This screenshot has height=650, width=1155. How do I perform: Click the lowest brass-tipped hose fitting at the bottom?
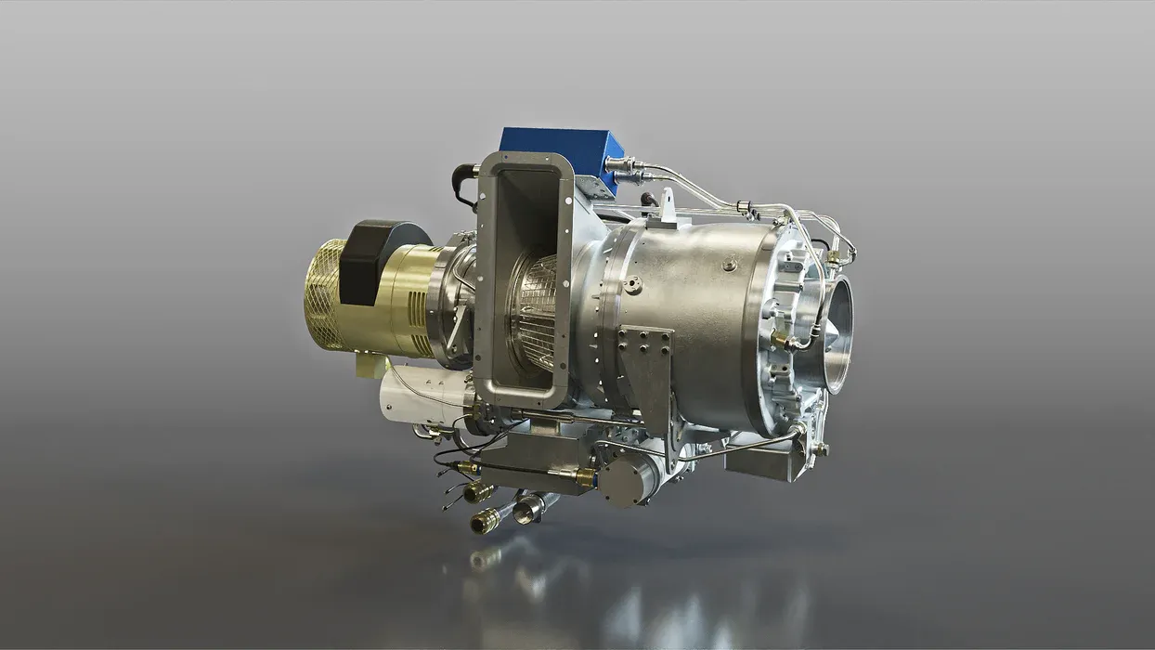coord(486,522)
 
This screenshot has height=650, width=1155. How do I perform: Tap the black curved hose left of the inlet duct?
coord(461,186)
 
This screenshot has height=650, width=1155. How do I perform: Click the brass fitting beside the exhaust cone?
coord(785,342)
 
